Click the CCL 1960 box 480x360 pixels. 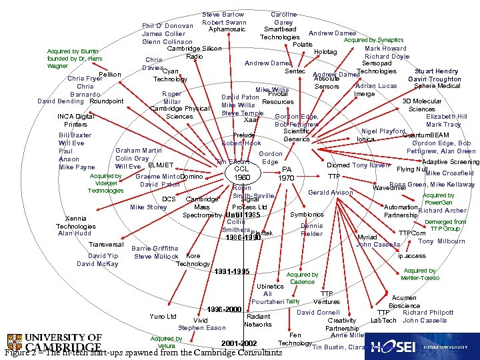click(x=242, y=173)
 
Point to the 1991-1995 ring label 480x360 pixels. click(x=231, y=271)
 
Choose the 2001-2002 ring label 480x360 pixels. click(x=239, y=343)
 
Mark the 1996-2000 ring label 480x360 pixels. click(x=223, y=310)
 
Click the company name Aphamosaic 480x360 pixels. click(x=229, y=30)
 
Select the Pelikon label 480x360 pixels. click(x=109, y=74)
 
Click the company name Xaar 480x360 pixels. click(x=251, y=120)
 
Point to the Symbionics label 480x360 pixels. click(x=307, y=215)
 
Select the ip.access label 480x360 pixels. click(x=411, y=256)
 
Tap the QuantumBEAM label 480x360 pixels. click(x=425, y=135)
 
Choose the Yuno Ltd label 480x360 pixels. click(x=163, y=316)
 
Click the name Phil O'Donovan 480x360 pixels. click(x=167, y=26)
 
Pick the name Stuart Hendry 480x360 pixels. click(x=436, y=71)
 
